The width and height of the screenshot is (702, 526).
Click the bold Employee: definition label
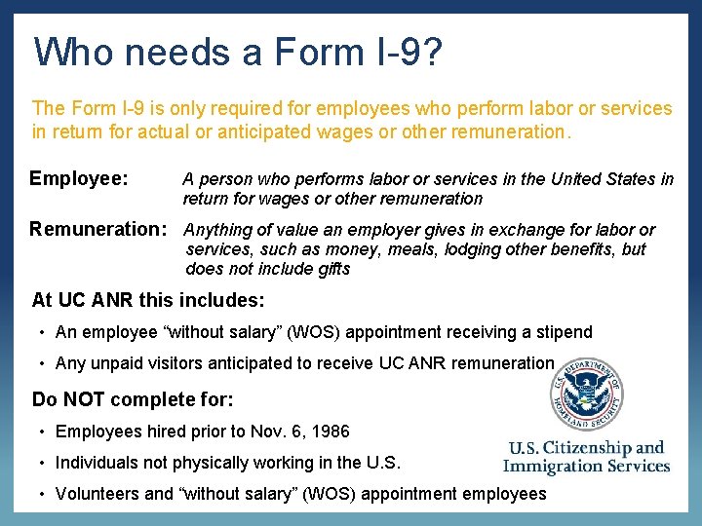(x=79, y=178)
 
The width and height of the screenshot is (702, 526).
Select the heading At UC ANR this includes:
(x=147, y=300)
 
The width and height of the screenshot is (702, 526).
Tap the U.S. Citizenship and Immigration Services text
(x=586, y=457)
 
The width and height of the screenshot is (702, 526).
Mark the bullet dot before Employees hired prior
(x=43, y=432)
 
